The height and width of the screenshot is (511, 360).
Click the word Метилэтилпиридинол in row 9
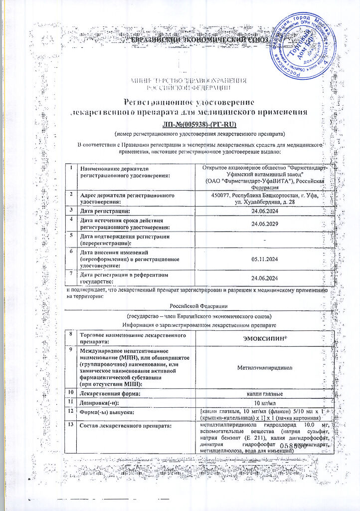[x=265, y=367]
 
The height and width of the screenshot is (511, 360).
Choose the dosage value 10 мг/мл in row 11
[x=265, y=403]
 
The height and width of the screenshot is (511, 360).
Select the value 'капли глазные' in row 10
[x=265, y=394]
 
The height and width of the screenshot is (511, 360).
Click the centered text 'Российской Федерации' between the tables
[x=197, y=305]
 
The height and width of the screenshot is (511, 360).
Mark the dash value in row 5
[x=265, y=241]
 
